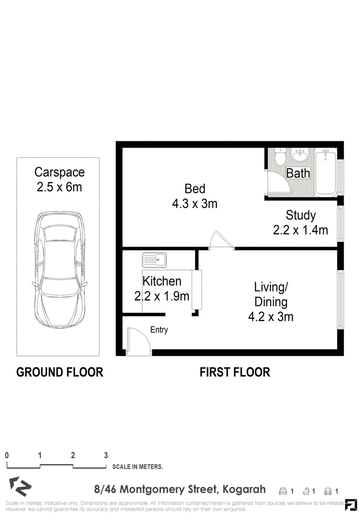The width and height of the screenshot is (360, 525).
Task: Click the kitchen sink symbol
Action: (x=154, y=260)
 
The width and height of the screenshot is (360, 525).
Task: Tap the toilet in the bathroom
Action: (x=279, y=156)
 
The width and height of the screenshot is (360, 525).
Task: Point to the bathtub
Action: (x=325, y=172)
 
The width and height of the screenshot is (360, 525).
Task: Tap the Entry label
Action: (x=159, y=330)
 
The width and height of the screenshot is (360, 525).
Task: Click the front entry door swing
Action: (x=139, y=341)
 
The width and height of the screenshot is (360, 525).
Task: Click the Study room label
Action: (x=301, y=215)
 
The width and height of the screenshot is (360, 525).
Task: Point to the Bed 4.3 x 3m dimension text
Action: (x=194, y=204)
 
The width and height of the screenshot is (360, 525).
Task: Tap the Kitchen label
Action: (x=162, y=281)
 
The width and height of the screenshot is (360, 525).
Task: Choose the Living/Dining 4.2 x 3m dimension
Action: (x=270, y=317)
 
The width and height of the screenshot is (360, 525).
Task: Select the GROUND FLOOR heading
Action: (x=59, y=372)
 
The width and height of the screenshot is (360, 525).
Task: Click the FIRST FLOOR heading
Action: (x=235, y=372)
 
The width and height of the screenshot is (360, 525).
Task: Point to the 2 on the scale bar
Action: (x=72, y=455)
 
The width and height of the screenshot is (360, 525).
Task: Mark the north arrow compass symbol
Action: (x=20, y=486)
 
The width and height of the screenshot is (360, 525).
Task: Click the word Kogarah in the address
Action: (x=244, y=489)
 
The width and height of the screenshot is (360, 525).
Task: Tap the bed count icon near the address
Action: (x=283, y=491)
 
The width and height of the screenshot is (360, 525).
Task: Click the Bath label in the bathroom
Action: (x=298, y=173)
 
